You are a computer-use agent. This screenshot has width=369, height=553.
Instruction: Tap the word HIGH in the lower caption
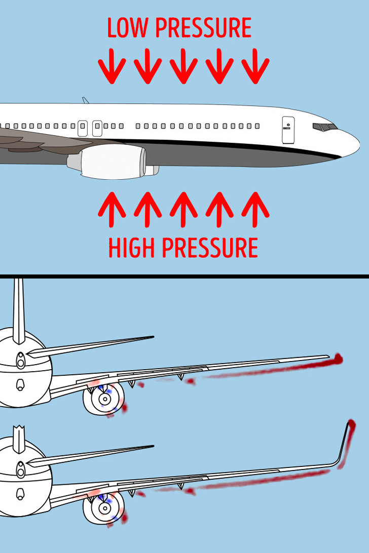point(132,248)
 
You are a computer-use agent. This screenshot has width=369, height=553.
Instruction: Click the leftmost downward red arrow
point(112,66)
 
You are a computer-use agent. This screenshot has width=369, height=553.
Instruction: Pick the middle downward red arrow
point(183,66)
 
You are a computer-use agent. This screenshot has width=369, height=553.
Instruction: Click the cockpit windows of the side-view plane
point(324,127)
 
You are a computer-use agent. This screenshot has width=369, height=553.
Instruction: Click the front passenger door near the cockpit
point(288,130)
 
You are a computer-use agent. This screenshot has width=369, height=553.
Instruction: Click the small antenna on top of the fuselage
point(86,100)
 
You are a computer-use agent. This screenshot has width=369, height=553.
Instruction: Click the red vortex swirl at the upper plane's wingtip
point(337,359)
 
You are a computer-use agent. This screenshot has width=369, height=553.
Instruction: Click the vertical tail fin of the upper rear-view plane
point(19,309)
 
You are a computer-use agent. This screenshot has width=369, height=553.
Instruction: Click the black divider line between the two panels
point(184,276)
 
